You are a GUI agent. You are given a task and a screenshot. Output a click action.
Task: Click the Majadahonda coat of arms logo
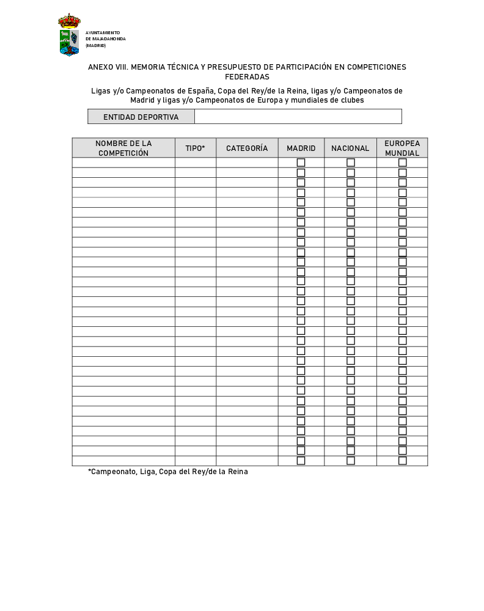(x=69, y=35)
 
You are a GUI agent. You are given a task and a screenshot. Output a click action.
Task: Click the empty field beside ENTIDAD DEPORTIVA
(x=298, y=117)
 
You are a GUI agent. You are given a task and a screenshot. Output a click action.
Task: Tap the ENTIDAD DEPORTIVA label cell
(x=141, y=117)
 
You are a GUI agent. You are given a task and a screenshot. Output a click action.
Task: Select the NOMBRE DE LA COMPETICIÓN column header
(x=123, y=148)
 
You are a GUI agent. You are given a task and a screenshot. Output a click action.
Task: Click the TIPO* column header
(x=196, y=148)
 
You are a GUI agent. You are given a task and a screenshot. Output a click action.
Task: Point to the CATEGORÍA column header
(x=247, y=148)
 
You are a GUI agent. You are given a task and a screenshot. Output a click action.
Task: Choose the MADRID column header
(x=301, y=148)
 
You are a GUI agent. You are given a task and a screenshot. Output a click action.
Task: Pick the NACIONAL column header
(x=350, y=148)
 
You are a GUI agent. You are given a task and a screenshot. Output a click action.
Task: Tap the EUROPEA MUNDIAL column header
(x=402, y=148)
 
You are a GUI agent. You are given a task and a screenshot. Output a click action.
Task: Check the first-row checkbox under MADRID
(x=301, y=163)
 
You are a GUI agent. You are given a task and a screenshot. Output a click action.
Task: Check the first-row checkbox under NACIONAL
(x=351, y=163)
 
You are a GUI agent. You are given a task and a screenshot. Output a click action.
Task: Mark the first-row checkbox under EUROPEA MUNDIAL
(x=403, y=163)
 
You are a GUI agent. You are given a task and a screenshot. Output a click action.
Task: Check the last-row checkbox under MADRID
(x=301, y=461)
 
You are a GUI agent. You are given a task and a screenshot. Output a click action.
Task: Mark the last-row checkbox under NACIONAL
(x=351, y=461)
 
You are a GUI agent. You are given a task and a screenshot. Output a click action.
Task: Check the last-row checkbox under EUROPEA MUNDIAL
(x=403, y=461)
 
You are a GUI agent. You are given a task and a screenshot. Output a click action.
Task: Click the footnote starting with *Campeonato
(x=168, y=472)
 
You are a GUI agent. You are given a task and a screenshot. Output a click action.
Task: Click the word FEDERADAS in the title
(x=247, y=77)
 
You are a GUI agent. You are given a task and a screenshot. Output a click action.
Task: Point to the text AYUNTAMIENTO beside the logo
(x=103, y=32)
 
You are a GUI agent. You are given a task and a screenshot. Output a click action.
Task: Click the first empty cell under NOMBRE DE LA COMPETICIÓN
(x=123, y=163)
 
